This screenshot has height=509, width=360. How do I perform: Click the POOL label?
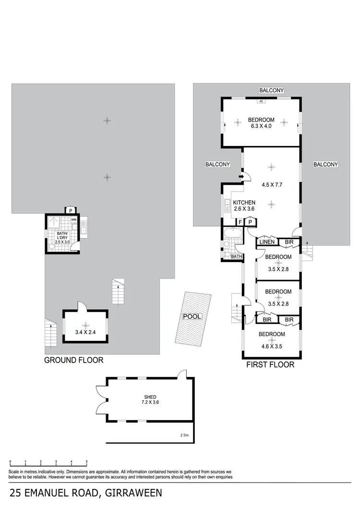[x=192, y=317]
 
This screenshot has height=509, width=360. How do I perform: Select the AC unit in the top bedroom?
[x=261, y=101]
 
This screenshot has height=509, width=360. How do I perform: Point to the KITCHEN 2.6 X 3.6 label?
[x=244, y=206]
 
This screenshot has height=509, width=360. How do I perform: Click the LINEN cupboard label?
[x=267, y=242]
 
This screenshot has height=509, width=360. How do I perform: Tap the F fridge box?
[x=240, y=222]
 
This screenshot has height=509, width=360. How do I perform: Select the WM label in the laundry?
[x=74, y=219]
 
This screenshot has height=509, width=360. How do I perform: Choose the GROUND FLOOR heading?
[x=73, y=360]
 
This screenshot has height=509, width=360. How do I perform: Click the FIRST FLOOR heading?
[x=270, y=365]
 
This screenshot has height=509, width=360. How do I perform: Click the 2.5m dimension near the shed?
[x=184, y=436]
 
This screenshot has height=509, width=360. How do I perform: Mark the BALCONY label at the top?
[x=272, y=90]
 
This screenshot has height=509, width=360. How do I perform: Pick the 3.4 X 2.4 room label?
[x=85, y=331]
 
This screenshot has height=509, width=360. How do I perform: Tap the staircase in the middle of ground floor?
[x=118, y=292]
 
